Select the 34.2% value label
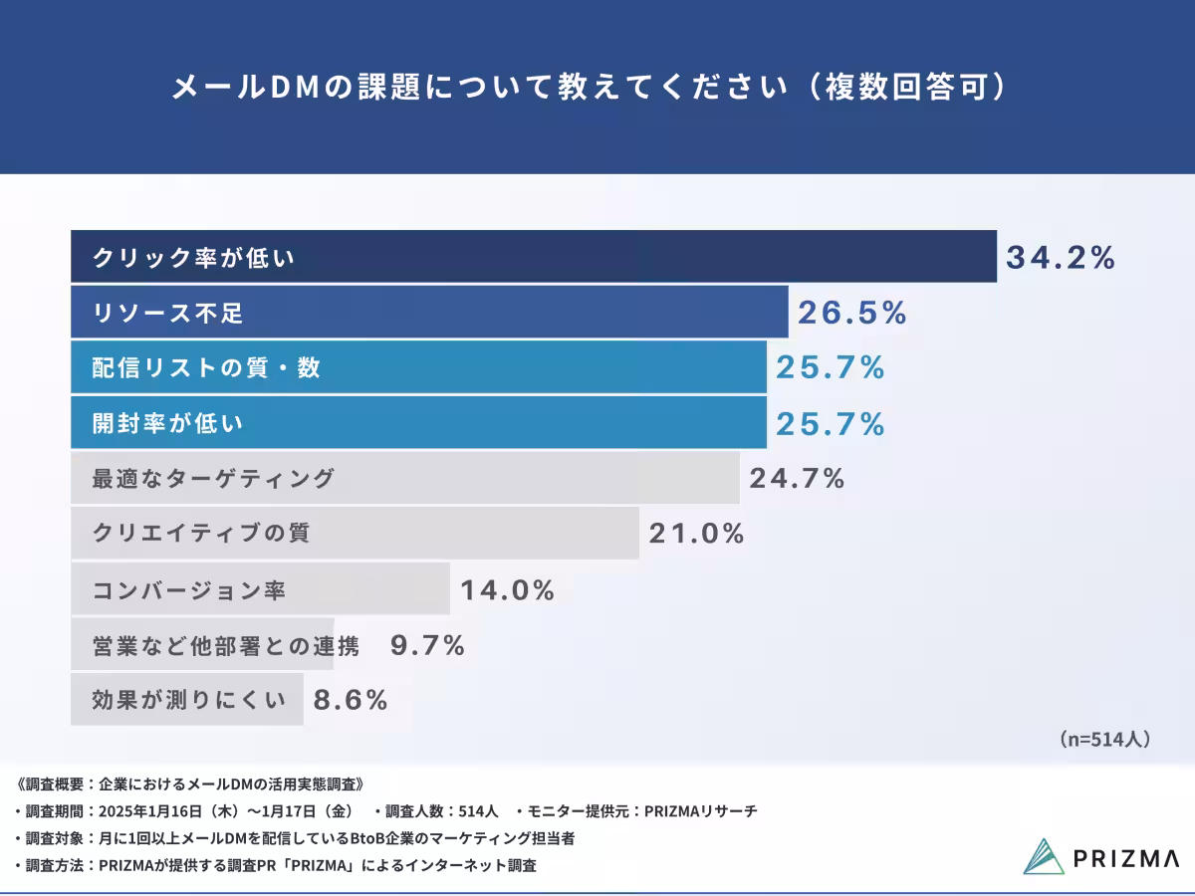tap(1060, 257)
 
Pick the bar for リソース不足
tap(428, 313)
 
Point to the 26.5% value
tap(851, 313)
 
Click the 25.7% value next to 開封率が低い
tap(830, 424)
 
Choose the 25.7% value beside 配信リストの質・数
tap(830, 368)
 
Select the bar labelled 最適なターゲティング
tap(404, 479)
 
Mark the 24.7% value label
tap(797, 479)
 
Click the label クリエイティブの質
tap(201, 533)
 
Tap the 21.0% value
tap(696, 534)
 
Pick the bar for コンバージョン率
tap(260, 590)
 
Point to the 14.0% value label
tap(507, 590)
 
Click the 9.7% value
tap(427, 646)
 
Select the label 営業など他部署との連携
tap(225, 646)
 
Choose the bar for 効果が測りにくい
tap(186, 700)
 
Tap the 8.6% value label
tap(350, 700)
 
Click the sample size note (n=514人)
tap(1104, 739)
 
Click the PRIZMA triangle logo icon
tap(1043, 856)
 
